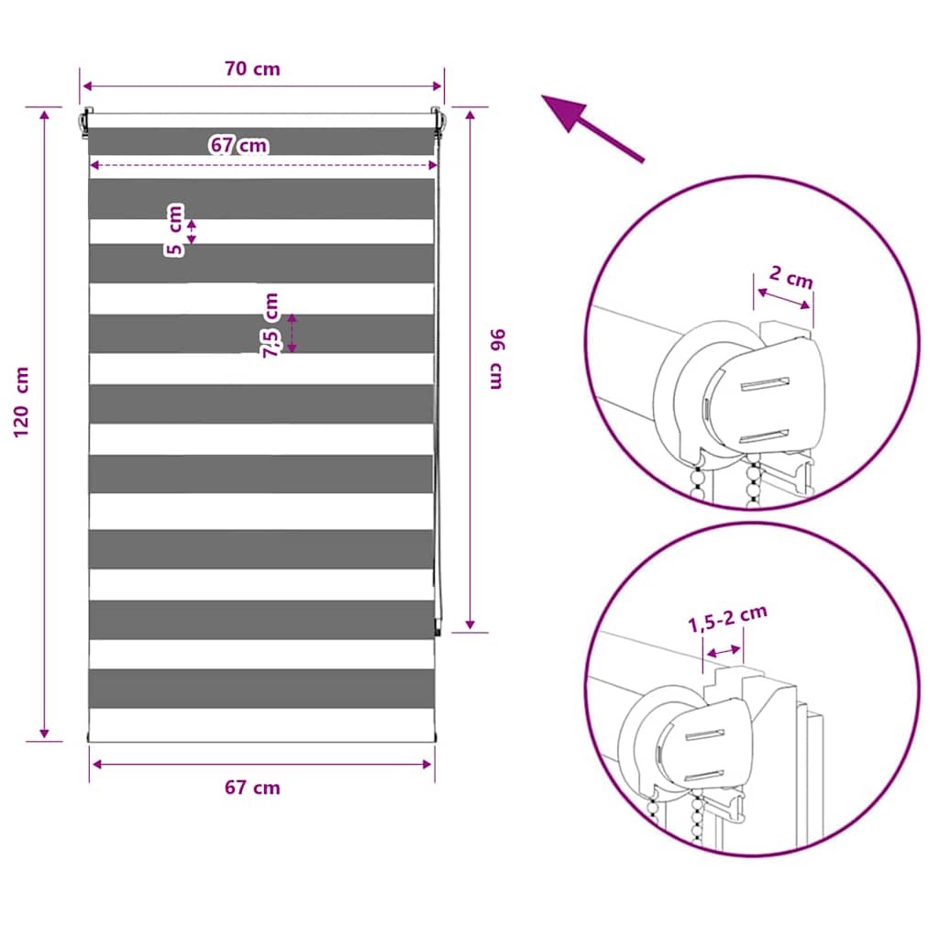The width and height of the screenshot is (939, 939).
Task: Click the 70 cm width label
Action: click(252, 69)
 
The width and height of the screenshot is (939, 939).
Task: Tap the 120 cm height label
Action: click(21, 402)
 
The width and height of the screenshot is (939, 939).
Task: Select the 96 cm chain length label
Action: click(498, 359)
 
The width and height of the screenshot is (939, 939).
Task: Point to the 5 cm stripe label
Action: click(174, 230)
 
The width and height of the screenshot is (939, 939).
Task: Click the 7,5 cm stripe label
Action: click(271, 326)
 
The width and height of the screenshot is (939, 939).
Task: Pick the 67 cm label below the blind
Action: click(252, 788)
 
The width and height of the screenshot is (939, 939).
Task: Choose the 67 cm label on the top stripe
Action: click(239, 145)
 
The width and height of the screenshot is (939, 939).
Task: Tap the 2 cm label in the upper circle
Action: click(791, 277)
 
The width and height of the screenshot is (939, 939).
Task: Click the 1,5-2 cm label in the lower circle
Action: click(727, 619)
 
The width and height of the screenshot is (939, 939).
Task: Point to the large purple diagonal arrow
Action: click(592, 128)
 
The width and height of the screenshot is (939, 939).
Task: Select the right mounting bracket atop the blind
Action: click(436, 123)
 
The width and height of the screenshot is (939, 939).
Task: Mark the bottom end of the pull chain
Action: click(437, 635)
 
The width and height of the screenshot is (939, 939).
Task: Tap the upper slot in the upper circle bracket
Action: click(765, 384)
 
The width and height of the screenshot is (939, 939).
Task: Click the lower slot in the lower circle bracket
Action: click(704, 776)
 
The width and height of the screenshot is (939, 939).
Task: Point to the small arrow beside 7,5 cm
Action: click(292, 333)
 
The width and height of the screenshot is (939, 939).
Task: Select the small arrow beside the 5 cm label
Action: click(192, 232)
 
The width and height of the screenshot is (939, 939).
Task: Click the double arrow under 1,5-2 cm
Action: click(724, 652)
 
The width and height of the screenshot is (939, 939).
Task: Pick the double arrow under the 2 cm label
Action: click(783, 299)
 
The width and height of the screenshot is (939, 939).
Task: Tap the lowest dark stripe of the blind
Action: click(261, 689)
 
